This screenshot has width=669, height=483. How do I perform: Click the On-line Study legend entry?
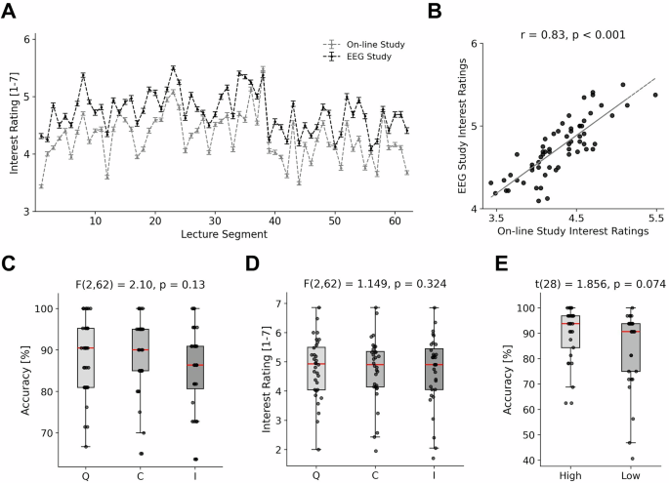click(376, 44)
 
